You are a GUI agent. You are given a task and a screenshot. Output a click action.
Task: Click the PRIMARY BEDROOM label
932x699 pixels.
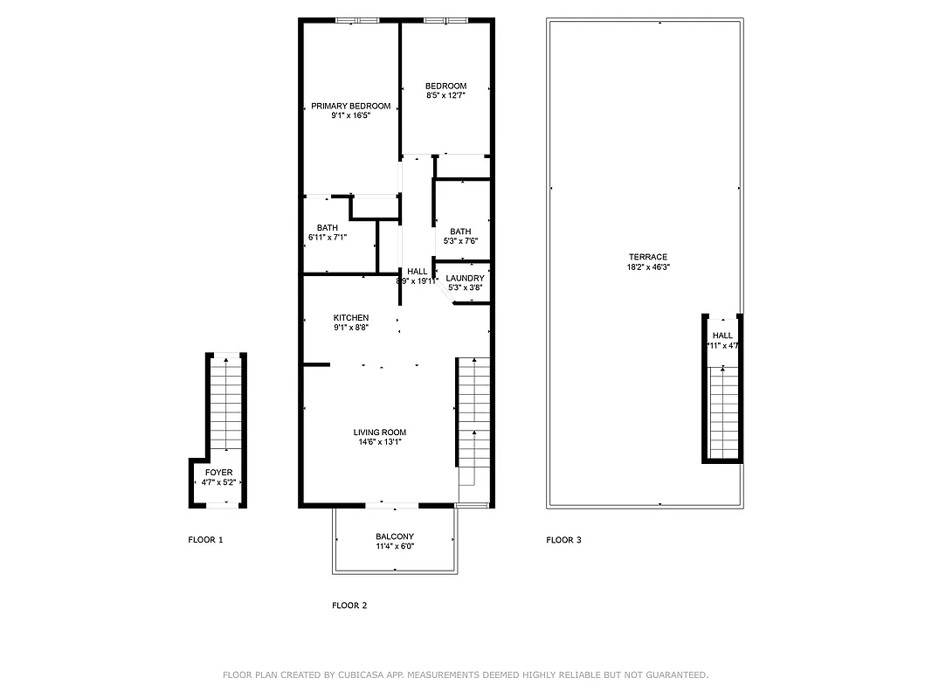(x=350, y=106)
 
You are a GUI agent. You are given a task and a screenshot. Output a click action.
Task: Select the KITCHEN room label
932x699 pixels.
(x=350, y=317)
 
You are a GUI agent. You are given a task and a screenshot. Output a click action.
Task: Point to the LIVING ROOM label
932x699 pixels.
(x=379, y=432)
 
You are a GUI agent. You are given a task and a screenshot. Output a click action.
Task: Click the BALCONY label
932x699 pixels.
(x=395, y=536)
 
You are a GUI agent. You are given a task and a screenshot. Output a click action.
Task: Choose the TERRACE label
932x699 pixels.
(x=647, y=257)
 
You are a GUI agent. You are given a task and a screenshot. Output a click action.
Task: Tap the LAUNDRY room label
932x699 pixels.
(x=466, y=278)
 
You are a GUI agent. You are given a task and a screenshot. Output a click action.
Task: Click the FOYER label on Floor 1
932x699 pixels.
(x=218, y=472)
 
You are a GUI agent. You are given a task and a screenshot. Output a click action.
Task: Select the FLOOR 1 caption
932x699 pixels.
(x=206, y=540)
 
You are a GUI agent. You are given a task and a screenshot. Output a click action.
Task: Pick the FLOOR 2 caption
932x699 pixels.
(x=349, y=606)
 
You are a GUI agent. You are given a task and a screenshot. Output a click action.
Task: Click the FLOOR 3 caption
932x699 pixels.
(x=563, y=540)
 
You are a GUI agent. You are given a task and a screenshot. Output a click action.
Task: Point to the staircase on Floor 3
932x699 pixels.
(x=722, y=411)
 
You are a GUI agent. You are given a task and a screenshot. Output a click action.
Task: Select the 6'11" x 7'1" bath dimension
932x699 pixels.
(x=328, y=238)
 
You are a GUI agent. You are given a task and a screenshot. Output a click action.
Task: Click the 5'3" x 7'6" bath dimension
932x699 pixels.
(x=460, y=241)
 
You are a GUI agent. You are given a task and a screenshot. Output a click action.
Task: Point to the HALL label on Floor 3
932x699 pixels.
(x=722, y=336)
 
